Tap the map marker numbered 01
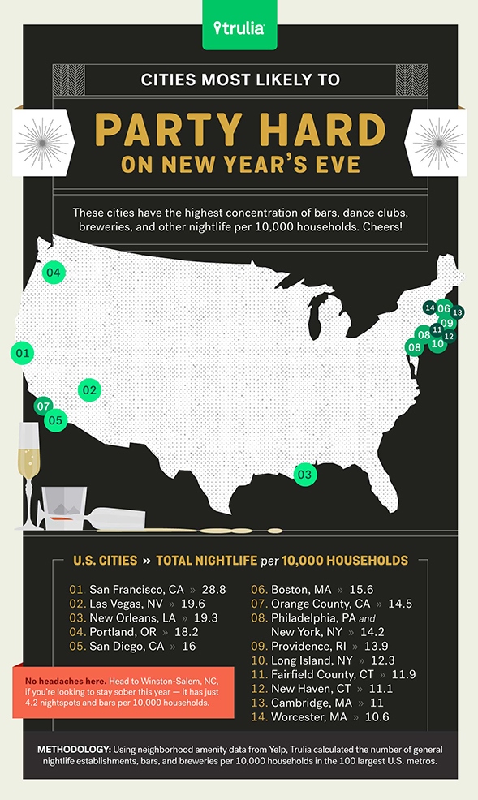(22, 353)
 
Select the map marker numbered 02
(89, 390)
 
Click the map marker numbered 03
(304, 474)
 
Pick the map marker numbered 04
(54, 272)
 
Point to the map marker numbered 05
(55, 420)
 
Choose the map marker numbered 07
(44, 406)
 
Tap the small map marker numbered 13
(458, 312)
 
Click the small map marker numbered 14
(429, 308)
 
